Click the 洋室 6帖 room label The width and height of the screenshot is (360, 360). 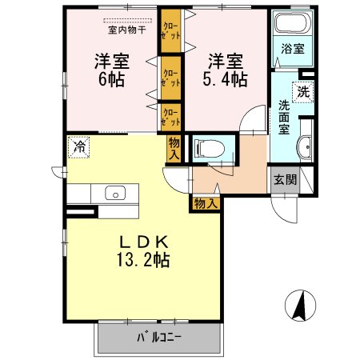pyautogui.click(x=112, y=70)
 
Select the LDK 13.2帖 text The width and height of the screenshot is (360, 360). pyautogui.click(x=143, y=250)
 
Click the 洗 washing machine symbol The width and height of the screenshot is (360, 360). pyautogui.click(x=304, y=90)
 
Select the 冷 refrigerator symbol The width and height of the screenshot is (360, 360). pyautogui.click(x=78, y=147)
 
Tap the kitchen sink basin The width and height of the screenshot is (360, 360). pyautogui.click(x=114, y=194)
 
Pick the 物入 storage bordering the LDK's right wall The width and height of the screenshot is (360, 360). pyautogui.click(x=206, y=203)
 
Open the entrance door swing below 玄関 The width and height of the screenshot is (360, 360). pyautogui.click(x=286, y=206)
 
